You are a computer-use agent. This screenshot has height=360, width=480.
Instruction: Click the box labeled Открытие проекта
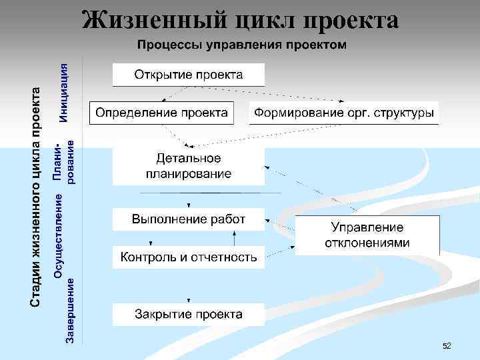[x=189, y=73]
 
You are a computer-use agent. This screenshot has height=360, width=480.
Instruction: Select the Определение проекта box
[x=161, y=112]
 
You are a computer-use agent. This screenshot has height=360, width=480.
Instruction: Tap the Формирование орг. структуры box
[x=343, y=112]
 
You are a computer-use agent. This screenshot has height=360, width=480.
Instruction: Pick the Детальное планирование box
[x=189, y=166]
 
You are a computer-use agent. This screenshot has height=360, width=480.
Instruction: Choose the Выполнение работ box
[x=189, y=219]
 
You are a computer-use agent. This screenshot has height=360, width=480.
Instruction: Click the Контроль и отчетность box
[x=189, y=257]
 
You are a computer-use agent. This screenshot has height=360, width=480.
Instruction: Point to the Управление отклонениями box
[x=367, y=235]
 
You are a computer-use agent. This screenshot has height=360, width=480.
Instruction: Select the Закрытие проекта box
[x=189, y=313]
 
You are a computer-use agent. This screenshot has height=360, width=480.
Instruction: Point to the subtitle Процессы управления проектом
[x=242, y=45]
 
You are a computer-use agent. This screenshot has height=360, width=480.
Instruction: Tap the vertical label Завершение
[x=70, y=313]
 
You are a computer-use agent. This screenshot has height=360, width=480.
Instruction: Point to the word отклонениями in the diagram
[x=367, y=243]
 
